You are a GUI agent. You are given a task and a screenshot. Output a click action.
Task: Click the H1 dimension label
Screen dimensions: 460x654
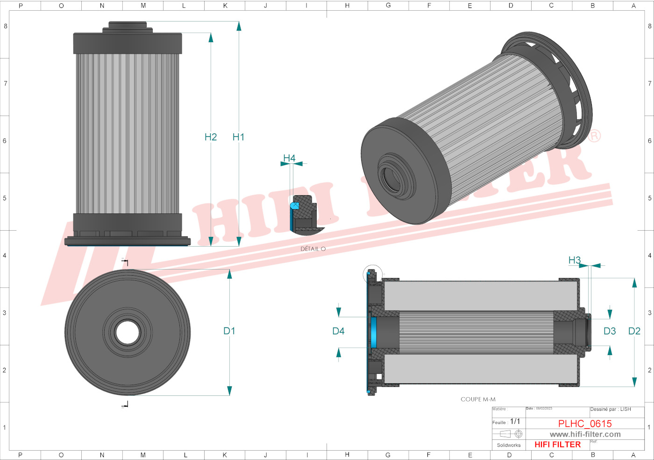[238, 137]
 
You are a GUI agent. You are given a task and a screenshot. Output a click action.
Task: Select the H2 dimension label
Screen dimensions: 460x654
[211, 137]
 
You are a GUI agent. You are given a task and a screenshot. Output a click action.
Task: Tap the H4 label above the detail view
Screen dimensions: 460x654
[289, 158]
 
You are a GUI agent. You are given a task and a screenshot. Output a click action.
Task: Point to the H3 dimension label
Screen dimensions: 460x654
[575, 260]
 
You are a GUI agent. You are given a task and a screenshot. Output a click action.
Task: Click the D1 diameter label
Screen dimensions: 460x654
[229, 331]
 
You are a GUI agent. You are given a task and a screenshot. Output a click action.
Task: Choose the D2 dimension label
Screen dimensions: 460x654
[634, 331]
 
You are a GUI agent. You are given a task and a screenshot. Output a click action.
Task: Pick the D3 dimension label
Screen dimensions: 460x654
[610, 331]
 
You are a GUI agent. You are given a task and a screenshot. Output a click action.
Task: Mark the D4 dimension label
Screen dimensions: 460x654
[338, 331]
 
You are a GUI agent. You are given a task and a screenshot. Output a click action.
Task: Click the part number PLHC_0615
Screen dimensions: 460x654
[585, 423]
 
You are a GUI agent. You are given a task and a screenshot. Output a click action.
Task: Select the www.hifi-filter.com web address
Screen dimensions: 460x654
[585, 434]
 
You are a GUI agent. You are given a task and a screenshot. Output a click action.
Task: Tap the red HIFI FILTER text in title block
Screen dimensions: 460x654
[557, 445]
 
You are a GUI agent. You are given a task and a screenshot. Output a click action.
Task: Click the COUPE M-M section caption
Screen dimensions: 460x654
[478, 399]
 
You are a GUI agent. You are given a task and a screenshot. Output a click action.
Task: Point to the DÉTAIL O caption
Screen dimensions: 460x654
[313, 249]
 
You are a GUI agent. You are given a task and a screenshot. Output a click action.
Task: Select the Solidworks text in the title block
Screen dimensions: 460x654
[509, 445]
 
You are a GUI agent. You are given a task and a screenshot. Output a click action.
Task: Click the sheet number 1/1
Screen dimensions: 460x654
[515, 422]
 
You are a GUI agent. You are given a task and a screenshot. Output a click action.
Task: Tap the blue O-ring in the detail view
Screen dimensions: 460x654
[294, 205]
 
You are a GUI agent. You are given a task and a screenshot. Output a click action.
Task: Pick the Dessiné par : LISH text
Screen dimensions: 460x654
[610, 409]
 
